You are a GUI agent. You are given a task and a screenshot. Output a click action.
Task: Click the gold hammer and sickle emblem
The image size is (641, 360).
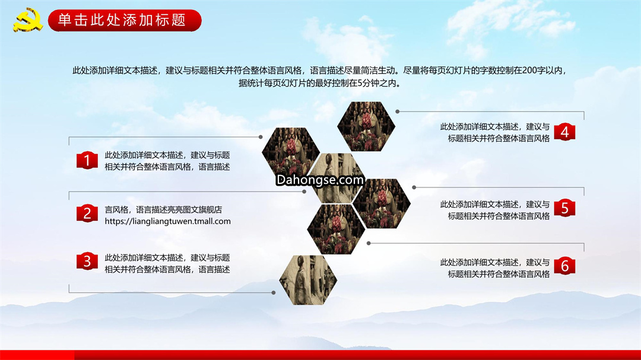28,19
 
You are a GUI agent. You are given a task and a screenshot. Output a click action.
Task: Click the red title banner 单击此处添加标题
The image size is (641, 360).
125,20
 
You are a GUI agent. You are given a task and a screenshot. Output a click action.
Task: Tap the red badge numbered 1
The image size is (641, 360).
87,160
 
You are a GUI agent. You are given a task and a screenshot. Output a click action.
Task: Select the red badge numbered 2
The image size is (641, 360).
87,214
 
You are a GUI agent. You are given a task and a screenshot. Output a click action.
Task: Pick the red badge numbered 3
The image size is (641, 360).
87,262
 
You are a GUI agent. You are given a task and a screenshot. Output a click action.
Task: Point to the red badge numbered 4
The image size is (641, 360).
564,132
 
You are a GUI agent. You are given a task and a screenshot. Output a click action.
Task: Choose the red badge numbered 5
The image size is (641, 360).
564,208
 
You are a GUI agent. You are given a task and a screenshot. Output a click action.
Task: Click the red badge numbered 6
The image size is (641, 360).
564,266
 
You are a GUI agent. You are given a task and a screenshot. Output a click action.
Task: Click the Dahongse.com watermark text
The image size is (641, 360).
320,180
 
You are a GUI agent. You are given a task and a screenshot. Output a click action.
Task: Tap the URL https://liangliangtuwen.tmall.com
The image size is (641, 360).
167,221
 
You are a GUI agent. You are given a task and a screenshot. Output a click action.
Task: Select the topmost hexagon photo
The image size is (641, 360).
366,127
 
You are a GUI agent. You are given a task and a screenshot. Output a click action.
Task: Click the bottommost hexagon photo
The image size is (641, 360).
308,280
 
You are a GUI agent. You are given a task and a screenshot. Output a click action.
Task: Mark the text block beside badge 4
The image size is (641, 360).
494,132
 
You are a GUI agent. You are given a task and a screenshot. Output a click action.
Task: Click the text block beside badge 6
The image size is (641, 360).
494,268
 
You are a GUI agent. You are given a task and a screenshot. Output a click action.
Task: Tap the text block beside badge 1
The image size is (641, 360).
167,161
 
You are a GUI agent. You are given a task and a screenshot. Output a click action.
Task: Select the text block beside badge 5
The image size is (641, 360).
494,210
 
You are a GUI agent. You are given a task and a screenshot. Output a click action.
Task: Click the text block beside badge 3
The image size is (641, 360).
167,263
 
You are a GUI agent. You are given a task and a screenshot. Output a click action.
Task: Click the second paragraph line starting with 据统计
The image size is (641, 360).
320,83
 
